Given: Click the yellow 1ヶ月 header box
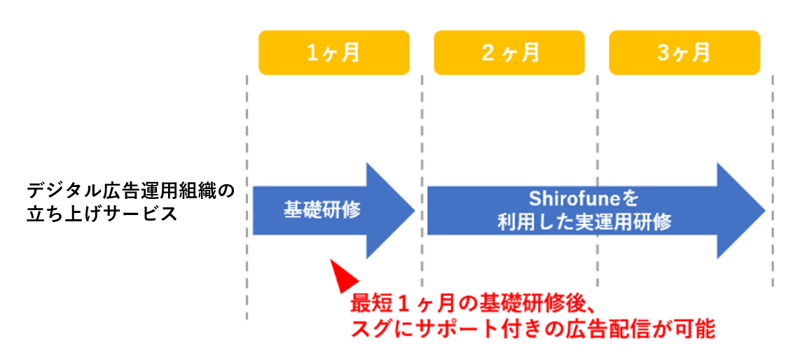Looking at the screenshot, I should pos(333,53).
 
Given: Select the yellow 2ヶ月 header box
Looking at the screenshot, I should pos(509,53).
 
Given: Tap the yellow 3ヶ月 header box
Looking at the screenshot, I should pos(684,53).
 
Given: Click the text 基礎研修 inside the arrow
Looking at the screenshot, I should pos(322,209).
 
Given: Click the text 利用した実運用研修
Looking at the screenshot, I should pos(584,223).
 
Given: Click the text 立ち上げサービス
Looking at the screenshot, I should pos(102,213).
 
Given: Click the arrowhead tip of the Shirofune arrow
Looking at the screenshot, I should pos(763,210).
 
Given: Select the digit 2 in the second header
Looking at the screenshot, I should pos(488,53).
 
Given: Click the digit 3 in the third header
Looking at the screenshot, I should pos(663,53).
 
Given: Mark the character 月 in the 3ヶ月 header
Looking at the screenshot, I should pos(700,53).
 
